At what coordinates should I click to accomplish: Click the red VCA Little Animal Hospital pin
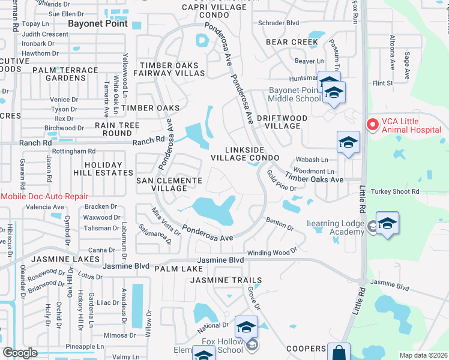click(372, 124)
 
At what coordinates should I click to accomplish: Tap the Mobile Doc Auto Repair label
click(44, 196)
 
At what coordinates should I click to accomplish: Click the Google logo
click(20, 353)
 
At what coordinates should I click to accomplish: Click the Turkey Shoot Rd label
click(395, 191)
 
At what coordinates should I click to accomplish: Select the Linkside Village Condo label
click(245, 153)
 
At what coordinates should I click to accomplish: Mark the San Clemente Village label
click(169, 184)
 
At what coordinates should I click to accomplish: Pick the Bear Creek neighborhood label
click(292, 42)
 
